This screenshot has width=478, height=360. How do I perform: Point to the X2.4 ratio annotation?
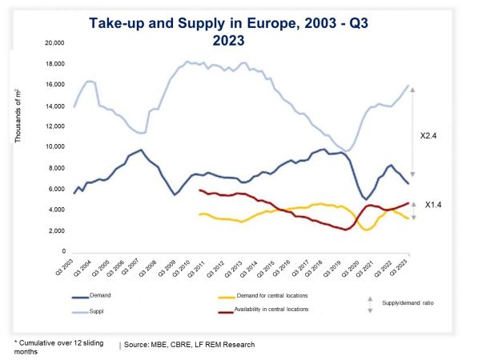pyautogui.click(x=433, y=137)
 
